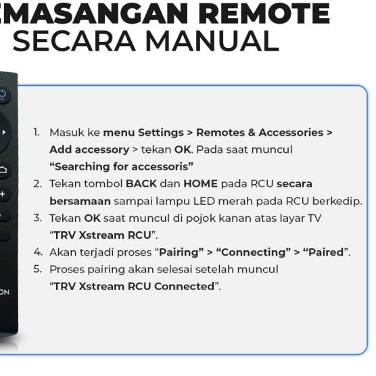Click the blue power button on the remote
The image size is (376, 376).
click(x=3, y=95)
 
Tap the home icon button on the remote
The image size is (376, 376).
click(x=3, y=169)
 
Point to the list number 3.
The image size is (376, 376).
click(x=37, y=218)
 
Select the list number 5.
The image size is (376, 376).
click(x=37, y=269)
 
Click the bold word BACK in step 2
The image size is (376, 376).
click(x=141, y=184)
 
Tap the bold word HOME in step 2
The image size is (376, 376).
click(x=200, y=184)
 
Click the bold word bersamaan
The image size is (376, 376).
click(x=80, y=202)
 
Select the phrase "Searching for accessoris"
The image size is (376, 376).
click(x=121, y=166)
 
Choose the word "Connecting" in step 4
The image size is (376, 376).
click(x=253, y=252)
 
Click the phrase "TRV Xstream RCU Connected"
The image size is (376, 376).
click(x=134, y=287)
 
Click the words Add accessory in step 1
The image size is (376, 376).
click(x=89, y=149)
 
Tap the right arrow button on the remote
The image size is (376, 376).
click(x=3, y=133)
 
